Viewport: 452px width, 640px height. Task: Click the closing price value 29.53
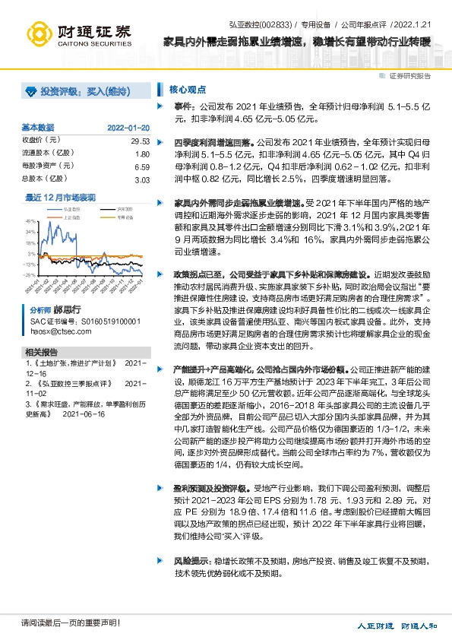140,141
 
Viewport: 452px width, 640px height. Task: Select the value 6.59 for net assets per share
141,166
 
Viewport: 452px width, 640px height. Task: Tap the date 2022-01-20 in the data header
128,127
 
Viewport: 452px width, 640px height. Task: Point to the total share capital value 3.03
141,179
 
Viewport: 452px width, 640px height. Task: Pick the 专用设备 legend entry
125,216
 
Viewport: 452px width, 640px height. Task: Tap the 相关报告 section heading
42,352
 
